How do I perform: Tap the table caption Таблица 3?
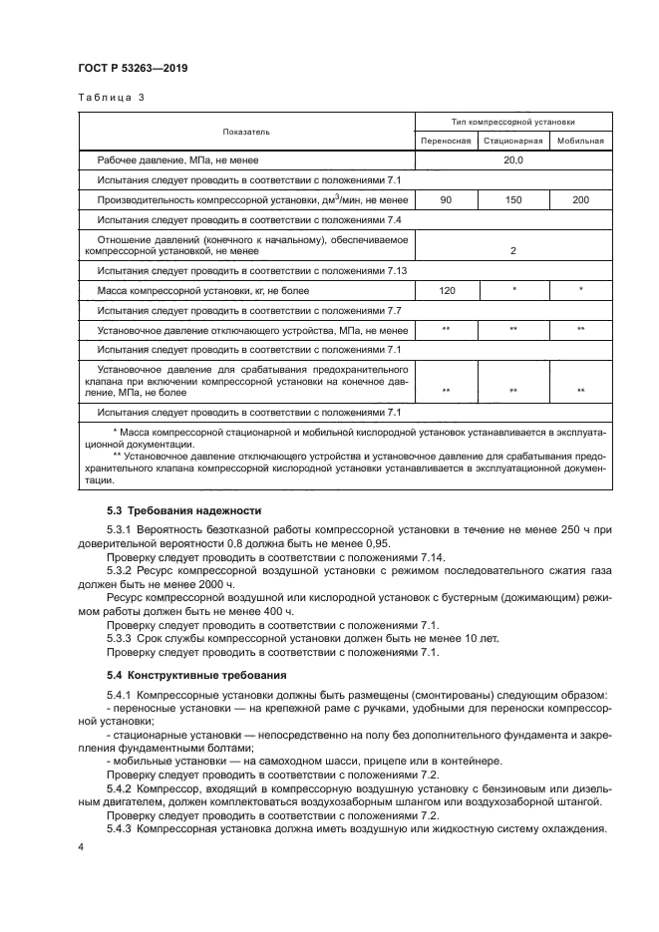[113, 98]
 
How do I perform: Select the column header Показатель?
[245, 132]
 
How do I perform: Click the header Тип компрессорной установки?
[512, 122]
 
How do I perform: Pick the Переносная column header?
[446, 142]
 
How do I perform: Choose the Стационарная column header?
[512, 142]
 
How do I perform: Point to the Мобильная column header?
[580, 142]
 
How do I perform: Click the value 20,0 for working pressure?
[512, 160]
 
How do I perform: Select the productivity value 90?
[446, 201]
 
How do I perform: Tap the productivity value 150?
[512, 201]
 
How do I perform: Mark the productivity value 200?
[580, 201]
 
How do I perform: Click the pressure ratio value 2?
[512, 251]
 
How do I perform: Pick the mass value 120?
[446, 291]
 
